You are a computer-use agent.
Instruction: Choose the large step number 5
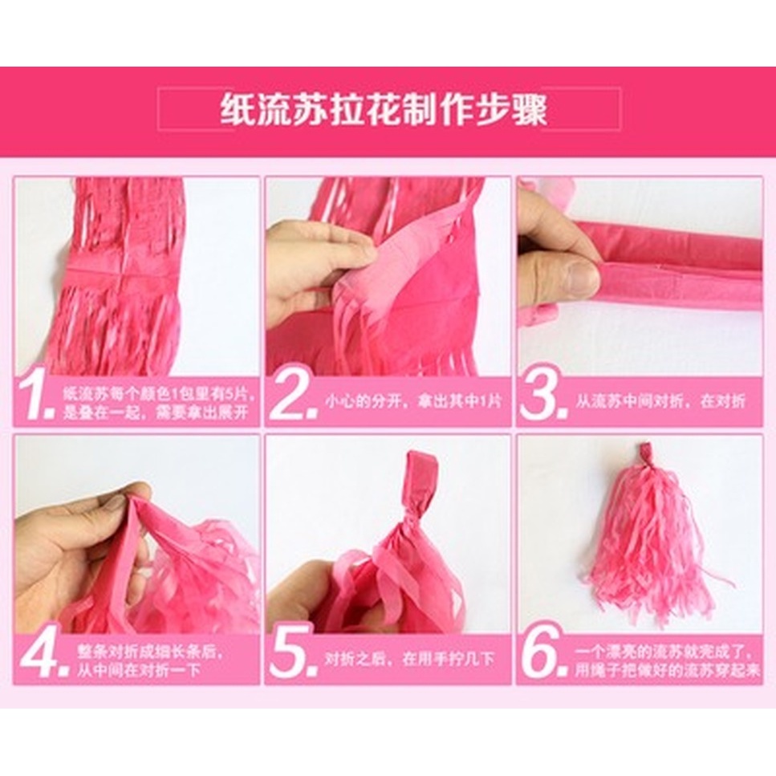click(293, 656)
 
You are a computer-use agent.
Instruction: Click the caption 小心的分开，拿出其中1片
click(413, 401)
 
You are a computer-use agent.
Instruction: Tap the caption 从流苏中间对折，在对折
click(660, 401)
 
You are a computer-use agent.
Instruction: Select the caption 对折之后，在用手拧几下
click(410, 659)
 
